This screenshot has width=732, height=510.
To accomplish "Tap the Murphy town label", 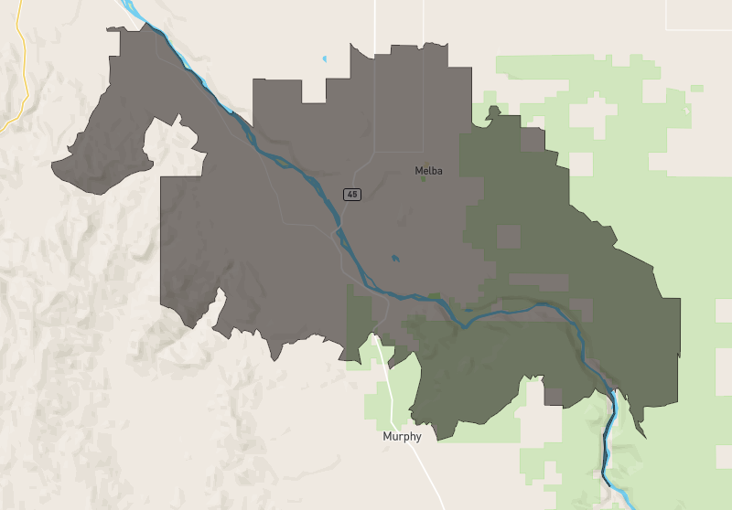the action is pyautogui.click(x=402, y=437).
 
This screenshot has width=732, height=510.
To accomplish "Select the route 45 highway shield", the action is pyautogui.click(x=351, y=194).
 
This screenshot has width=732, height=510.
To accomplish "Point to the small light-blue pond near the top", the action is pyautogui.click(x=324, y=61).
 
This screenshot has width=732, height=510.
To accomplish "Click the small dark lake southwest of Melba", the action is pyautogui.click(x=394, y=259).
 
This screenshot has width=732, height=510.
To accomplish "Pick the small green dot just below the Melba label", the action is pyautogui.click(x=423, y=179).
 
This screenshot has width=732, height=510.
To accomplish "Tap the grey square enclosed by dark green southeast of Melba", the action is pyautogui.click(x=508, y=236).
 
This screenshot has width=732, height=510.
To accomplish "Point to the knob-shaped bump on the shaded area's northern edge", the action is pyautogui.click(x=493, y=112).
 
